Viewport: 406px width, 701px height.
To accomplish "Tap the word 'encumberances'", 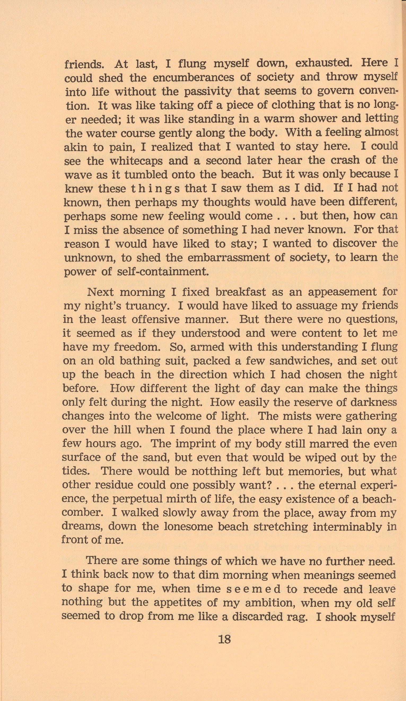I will (x=193, y=78).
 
